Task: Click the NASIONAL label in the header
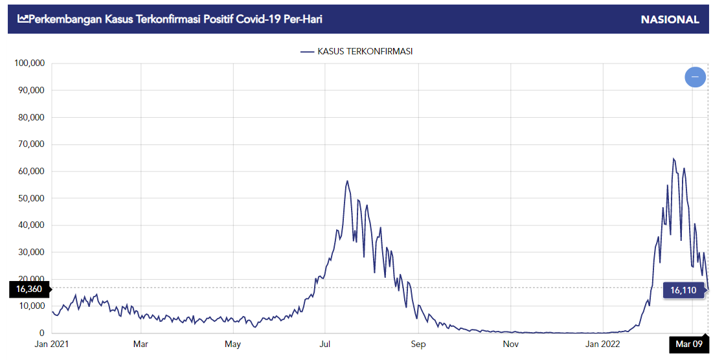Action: pyautogui.click(x=670, y=19)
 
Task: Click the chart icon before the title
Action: pyautogui.click(x=23, y=19)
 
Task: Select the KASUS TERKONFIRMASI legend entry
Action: pyautogui.click(x=356, y=51)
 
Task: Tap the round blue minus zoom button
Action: pyautogui.click(x=695, y=77)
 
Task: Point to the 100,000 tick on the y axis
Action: pyautogui.click(x=28, y=63)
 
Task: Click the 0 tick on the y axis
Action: pyautogui.click(x=40, y=333)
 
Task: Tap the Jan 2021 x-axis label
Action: pyautogui.click(x=51, y=344)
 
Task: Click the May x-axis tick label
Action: pyautogui.click(x=233, y=344)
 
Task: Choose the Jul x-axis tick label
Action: pyautogui.click(x=326, y=344)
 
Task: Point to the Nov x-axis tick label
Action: pyautogui.click(x=511, y=344)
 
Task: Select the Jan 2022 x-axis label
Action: pyautogui.click(x=603, y=344)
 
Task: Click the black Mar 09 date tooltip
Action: pyautogui.click(x=688, y=344)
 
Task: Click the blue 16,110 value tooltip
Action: pyautogui.click(x=683, y=290)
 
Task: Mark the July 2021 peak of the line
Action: pyautogui.click(x=347, y=181)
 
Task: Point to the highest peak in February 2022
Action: pyautogui.click(x=673, y=159)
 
